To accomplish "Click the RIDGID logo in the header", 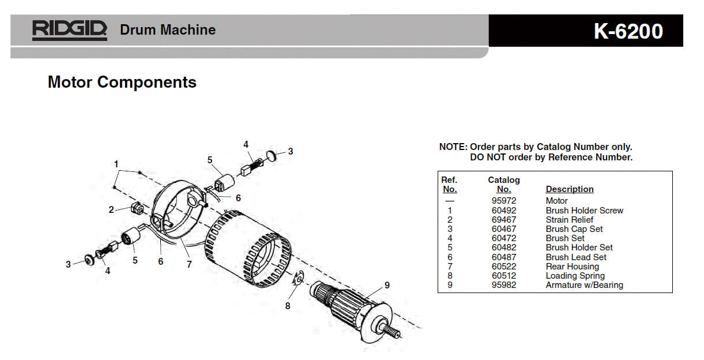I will (x=69, y=30).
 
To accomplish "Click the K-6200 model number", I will (x=628, y=31).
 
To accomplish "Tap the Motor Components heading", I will (x=122, y=82).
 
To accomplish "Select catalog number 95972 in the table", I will (x=503, y=201).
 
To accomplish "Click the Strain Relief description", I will (x=569, y=220).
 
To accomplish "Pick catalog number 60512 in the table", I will (x=503, y=276).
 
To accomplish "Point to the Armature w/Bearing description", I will (x=584, y=285).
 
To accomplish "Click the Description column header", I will (x=569, y=189).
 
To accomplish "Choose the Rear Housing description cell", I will (x=572, y=267).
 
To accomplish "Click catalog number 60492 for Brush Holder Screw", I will (x=503, y=211).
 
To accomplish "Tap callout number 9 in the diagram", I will (x=387, y=284).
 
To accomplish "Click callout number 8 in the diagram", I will (x=288, y=306).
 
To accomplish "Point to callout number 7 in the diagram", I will (x=189, y=265).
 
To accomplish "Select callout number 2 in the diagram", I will (x=111, y=210).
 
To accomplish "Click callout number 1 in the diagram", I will (x=116, y=164).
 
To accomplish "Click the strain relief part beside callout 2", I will (x=137, y=208).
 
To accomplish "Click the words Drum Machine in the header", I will (x=168, y=30).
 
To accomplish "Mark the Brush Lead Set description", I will (x=576, y=257).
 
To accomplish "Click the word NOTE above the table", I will (x=453, y=147).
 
